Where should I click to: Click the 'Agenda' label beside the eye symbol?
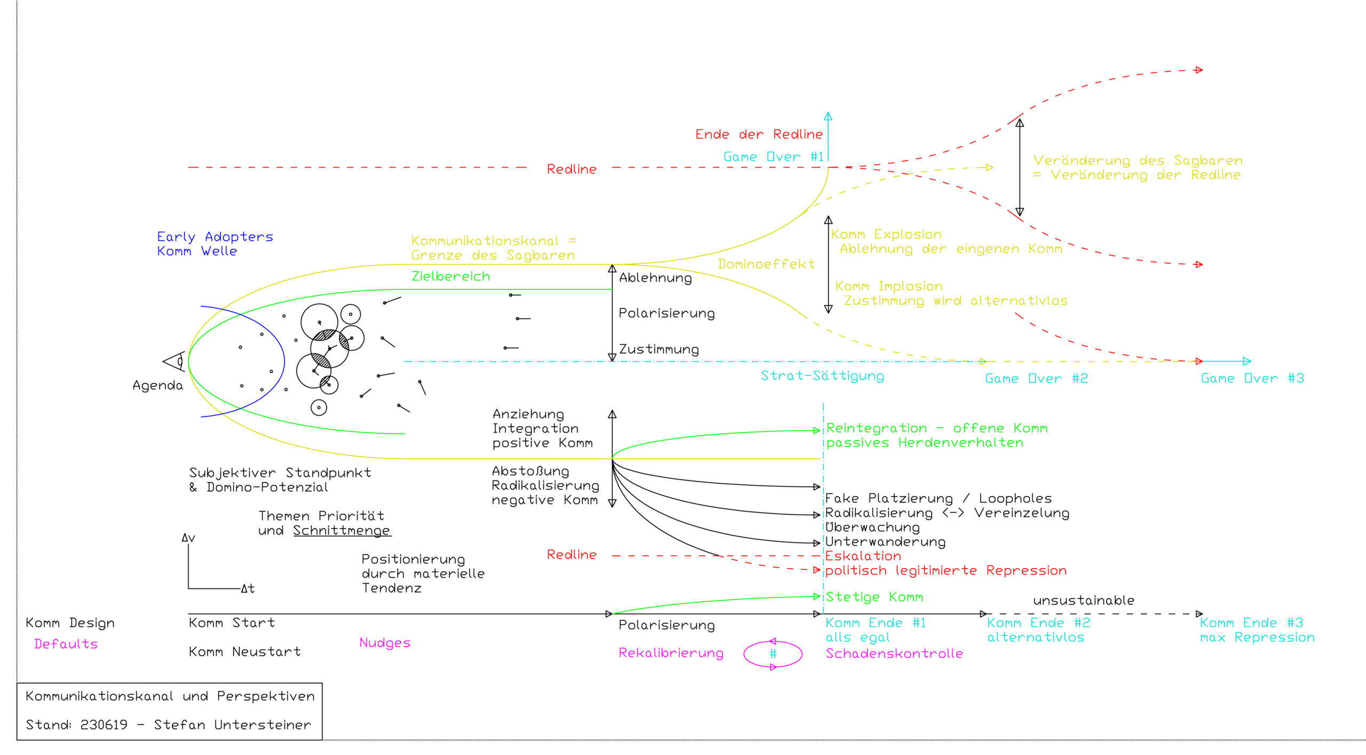pyautogui.click(x=157, y=386)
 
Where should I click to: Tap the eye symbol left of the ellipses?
pyautogui.click(x=174, y=361)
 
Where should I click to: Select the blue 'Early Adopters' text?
pyautogui.click(x=215, y=237)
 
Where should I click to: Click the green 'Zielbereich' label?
pyautogui.click(x=451, y=276)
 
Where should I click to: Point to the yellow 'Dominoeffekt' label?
pyautogui.click(x=766, y=264)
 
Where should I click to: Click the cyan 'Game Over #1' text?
pyautogui.click(x=773, y=156)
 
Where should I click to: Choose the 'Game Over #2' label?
pyautogui.click(x=1036, y=379)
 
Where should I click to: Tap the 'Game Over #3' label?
pyautogui.click(x=1252, y=378)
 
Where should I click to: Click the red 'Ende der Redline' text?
pyautogui.click(x=759, y=134)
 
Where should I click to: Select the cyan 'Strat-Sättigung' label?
pyautogui.click(x=822, y=376)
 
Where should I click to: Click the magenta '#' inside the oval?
pyautogui.click(x=773, y=654)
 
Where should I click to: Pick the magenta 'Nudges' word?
pyautogui.click(x=385, y=643)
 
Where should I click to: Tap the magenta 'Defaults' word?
pyautogui.click(x=66, y=644)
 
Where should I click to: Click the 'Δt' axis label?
pyautogui.click(x=248, y=588)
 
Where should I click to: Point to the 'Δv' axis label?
pyautogui.click(x=188, y=538)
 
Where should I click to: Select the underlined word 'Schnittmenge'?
pyautogui.click(x=342, y=531)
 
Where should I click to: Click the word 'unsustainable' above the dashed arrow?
pyautogui.click(x=1084, y=600)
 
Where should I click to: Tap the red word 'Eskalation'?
pyautogui.click(x=863, y=556)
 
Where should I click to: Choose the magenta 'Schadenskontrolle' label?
pyautogui.click(x=894, y=653)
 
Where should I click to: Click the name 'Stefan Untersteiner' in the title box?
pyautogui.click(x=232, y=725)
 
